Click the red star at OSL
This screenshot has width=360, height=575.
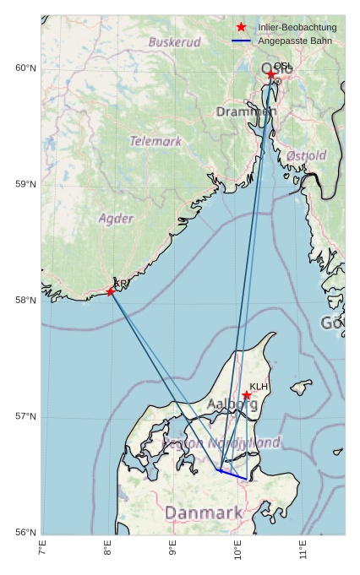(x=271, y=74)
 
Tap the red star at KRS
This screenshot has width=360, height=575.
(x=111, y=291)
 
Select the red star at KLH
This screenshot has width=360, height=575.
(x=247, y=395)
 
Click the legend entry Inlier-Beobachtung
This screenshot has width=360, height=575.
(x=297, y=28)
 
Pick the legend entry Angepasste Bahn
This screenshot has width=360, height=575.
(x=295, y=41)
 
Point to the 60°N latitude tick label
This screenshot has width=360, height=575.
(x=26, y=68)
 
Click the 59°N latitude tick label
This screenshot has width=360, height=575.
(x=26, y=184)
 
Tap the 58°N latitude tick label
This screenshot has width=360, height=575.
(x=26, y=301)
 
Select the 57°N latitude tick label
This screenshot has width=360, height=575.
(x=26, y=416)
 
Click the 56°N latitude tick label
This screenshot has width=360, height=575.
(x=26, y=532)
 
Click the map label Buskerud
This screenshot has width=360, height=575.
(x=175, y=41)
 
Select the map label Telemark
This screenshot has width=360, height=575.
(x=155, y=141)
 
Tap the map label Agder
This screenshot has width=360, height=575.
(x=116, y=219)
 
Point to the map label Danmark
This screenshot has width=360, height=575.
(x=204, y=513)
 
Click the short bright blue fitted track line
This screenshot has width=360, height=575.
(x=232, y=475)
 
